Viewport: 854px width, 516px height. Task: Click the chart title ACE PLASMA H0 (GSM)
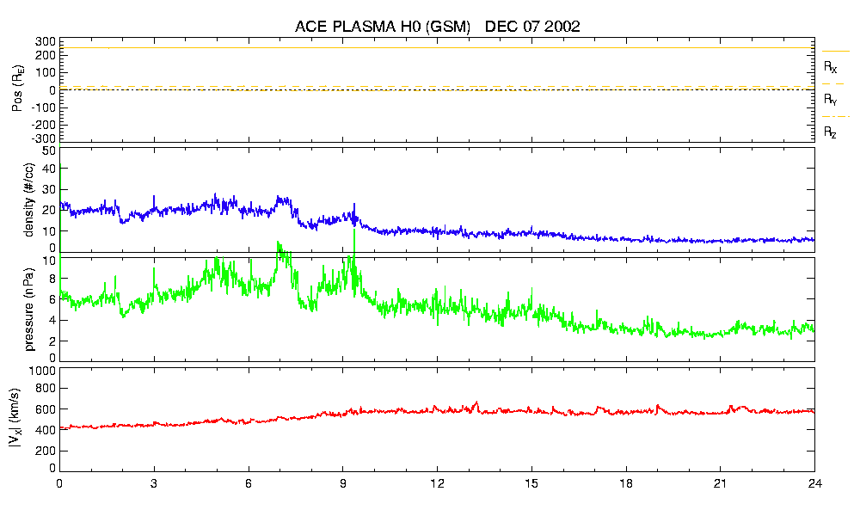(383, 27)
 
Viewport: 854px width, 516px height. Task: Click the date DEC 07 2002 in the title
(532, 27)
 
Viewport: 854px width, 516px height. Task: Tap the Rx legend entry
(831, 66)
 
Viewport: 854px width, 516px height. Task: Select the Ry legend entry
(831, 100)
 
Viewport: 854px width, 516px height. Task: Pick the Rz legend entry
(831, 132)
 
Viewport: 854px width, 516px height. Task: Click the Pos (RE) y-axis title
(17, 90)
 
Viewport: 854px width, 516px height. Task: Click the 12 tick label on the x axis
(437, 483)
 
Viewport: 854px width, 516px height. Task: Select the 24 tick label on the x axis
(814, 483)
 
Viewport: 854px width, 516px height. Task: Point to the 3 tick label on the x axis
(154, 483)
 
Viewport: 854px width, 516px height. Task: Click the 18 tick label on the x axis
(625, 483)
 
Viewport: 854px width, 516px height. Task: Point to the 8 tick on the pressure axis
(52, 278)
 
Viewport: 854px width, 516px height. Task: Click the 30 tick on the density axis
(48, 190)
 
